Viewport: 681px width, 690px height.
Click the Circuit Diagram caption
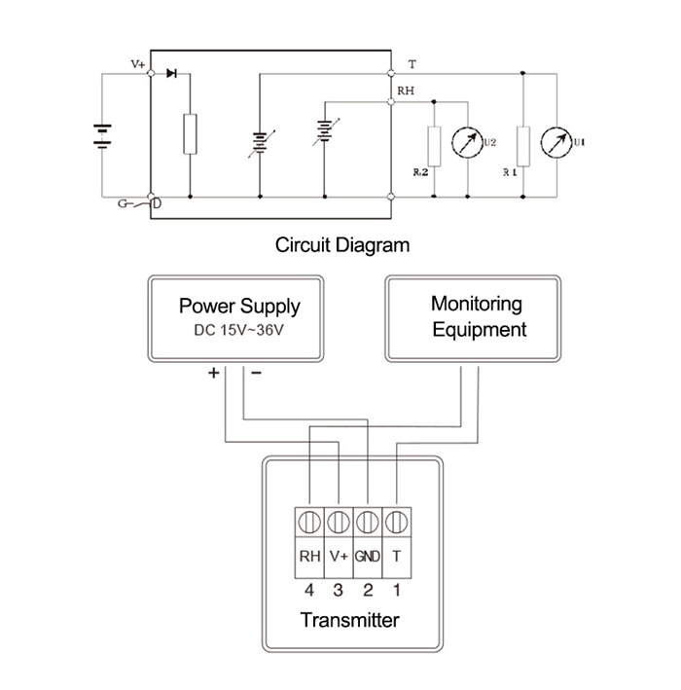(341, 244)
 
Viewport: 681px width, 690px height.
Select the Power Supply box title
(239, 307)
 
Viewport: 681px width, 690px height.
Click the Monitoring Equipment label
(477, 316)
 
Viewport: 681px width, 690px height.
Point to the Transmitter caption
(349, 620)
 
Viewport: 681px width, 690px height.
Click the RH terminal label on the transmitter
(309, 557)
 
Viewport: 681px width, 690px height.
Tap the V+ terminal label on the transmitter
(339, 557)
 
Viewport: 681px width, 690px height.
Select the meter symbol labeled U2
(469, 144)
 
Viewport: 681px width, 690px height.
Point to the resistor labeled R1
(523, 146)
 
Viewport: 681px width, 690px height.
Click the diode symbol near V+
(172, 72)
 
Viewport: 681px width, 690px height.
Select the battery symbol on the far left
(100, 135)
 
